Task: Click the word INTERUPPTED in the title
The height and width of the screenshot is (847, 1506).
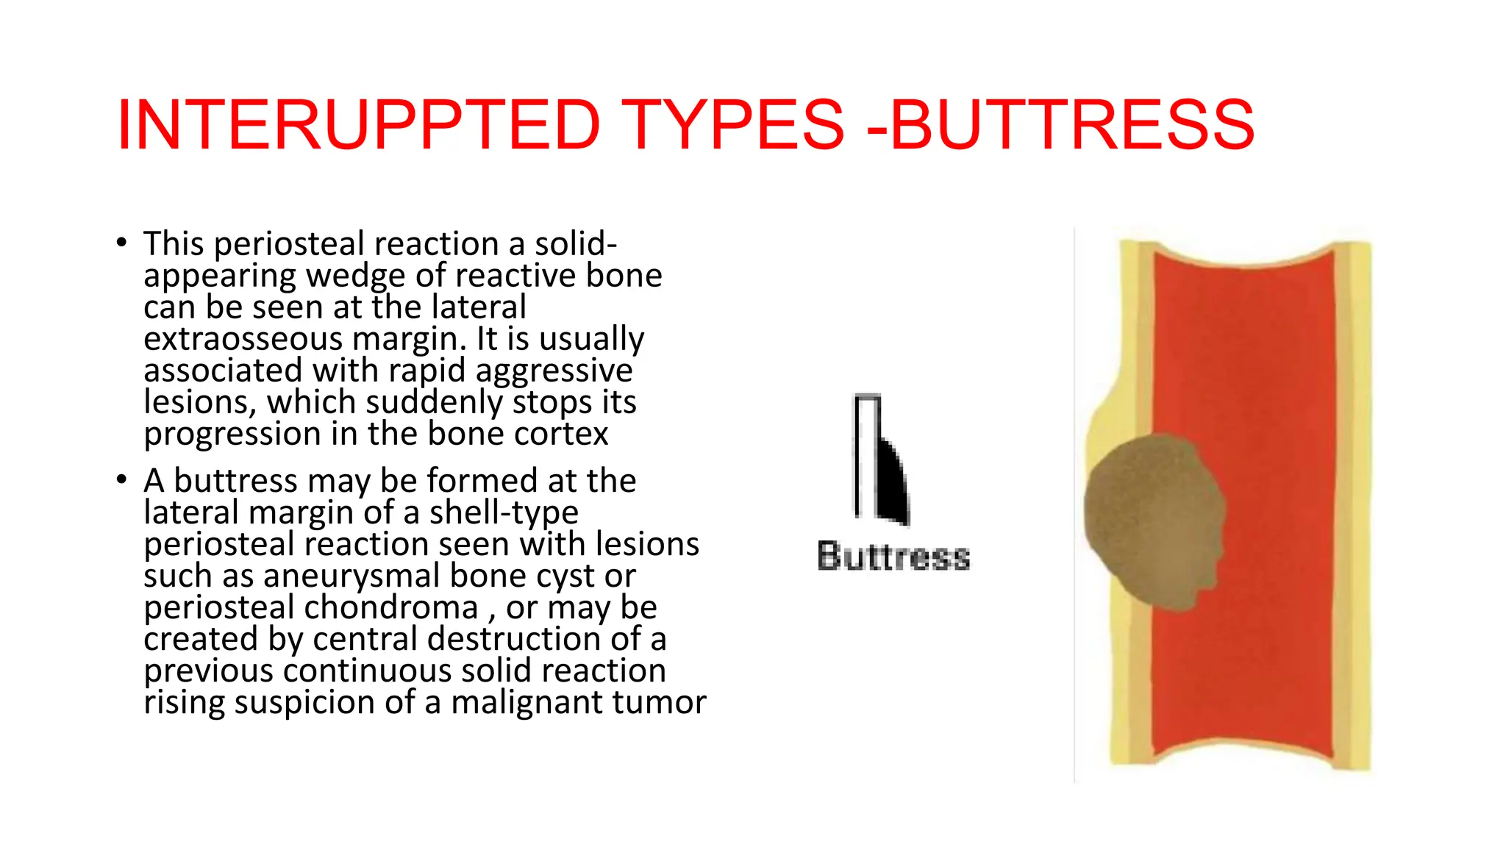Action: pos(359,125)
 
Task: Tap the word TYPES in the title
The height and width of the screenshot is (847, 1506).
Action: pos(733,125)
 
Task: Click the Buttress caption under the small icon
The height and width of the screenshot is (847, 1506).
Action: pos(893,556)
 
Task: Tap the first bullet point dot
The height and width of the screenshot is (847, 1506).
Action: pos(122,243)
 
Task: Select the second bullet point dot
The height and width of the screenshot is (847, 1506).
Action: pos(122,479)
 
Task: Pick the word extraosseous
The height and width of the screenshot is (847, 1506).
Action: pos(243,339)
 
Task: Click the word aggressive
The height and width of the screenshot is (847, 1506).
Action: pos(554,371)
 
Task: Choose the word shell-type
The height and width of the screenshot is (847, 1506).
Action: pos(504,512)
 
